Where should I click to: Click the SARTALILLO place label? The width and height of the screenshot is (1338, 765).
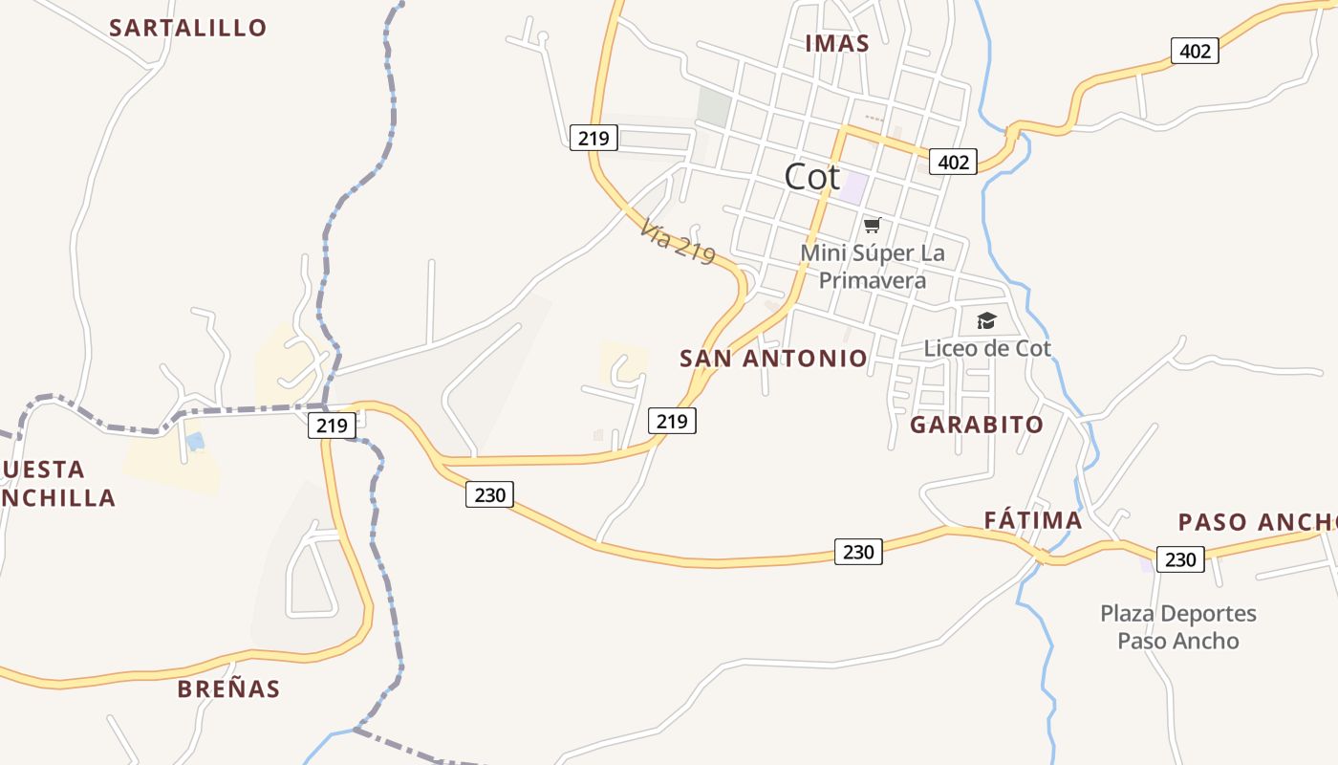[x=188, y=28]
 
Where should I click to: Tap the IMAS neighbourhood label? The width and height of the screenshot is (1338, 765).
[x=837, y=43]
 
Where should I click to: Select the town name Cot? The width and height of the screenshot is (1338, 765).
[x=811, y=177]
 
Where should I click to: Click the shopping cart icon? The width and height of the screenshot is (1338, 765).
[x=872, y=226]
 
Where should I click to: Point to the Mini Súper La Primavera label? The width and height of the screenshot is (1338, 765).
[x=873, y=267]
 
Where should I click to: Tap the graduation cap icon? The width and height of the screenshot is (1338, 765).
[x=986, y=321]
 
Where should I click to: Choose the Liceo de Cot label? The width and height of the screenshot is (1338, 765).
[x=987, y=348]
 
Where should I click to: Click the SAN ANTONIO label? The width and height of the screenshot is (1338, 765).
[x=773, y=359]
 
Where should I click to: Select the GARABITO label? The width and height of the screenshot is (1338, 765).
[x=977, y=425]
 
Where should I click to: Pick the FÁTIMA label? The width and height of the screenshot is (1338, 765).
[x=1033, y=521]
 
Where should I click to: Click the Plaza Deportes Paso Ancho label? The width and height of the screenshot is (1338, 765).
[x=1178, y=627]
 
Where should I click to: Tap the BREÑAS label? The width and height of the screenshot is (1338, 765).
[x=229, y=688]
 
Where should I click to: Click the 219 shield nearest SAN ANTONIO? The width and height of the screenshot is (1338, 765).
[x=672, y=420]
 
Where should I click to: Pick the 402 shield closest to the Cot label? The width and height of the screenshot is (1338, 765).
[x=953, y=163]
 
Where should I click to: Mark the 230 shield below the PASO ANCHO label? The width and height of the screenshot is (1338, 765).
[x=1180, y=559]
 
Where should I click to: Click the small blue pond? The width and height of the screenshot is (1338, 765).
[x=195, y=442]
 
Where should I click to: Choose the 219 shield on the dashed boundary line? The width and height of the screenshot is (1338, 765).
[x=332, y=425]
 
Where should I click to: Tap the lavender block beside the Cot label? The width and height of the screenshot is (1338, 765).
[x=853, y=186]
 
